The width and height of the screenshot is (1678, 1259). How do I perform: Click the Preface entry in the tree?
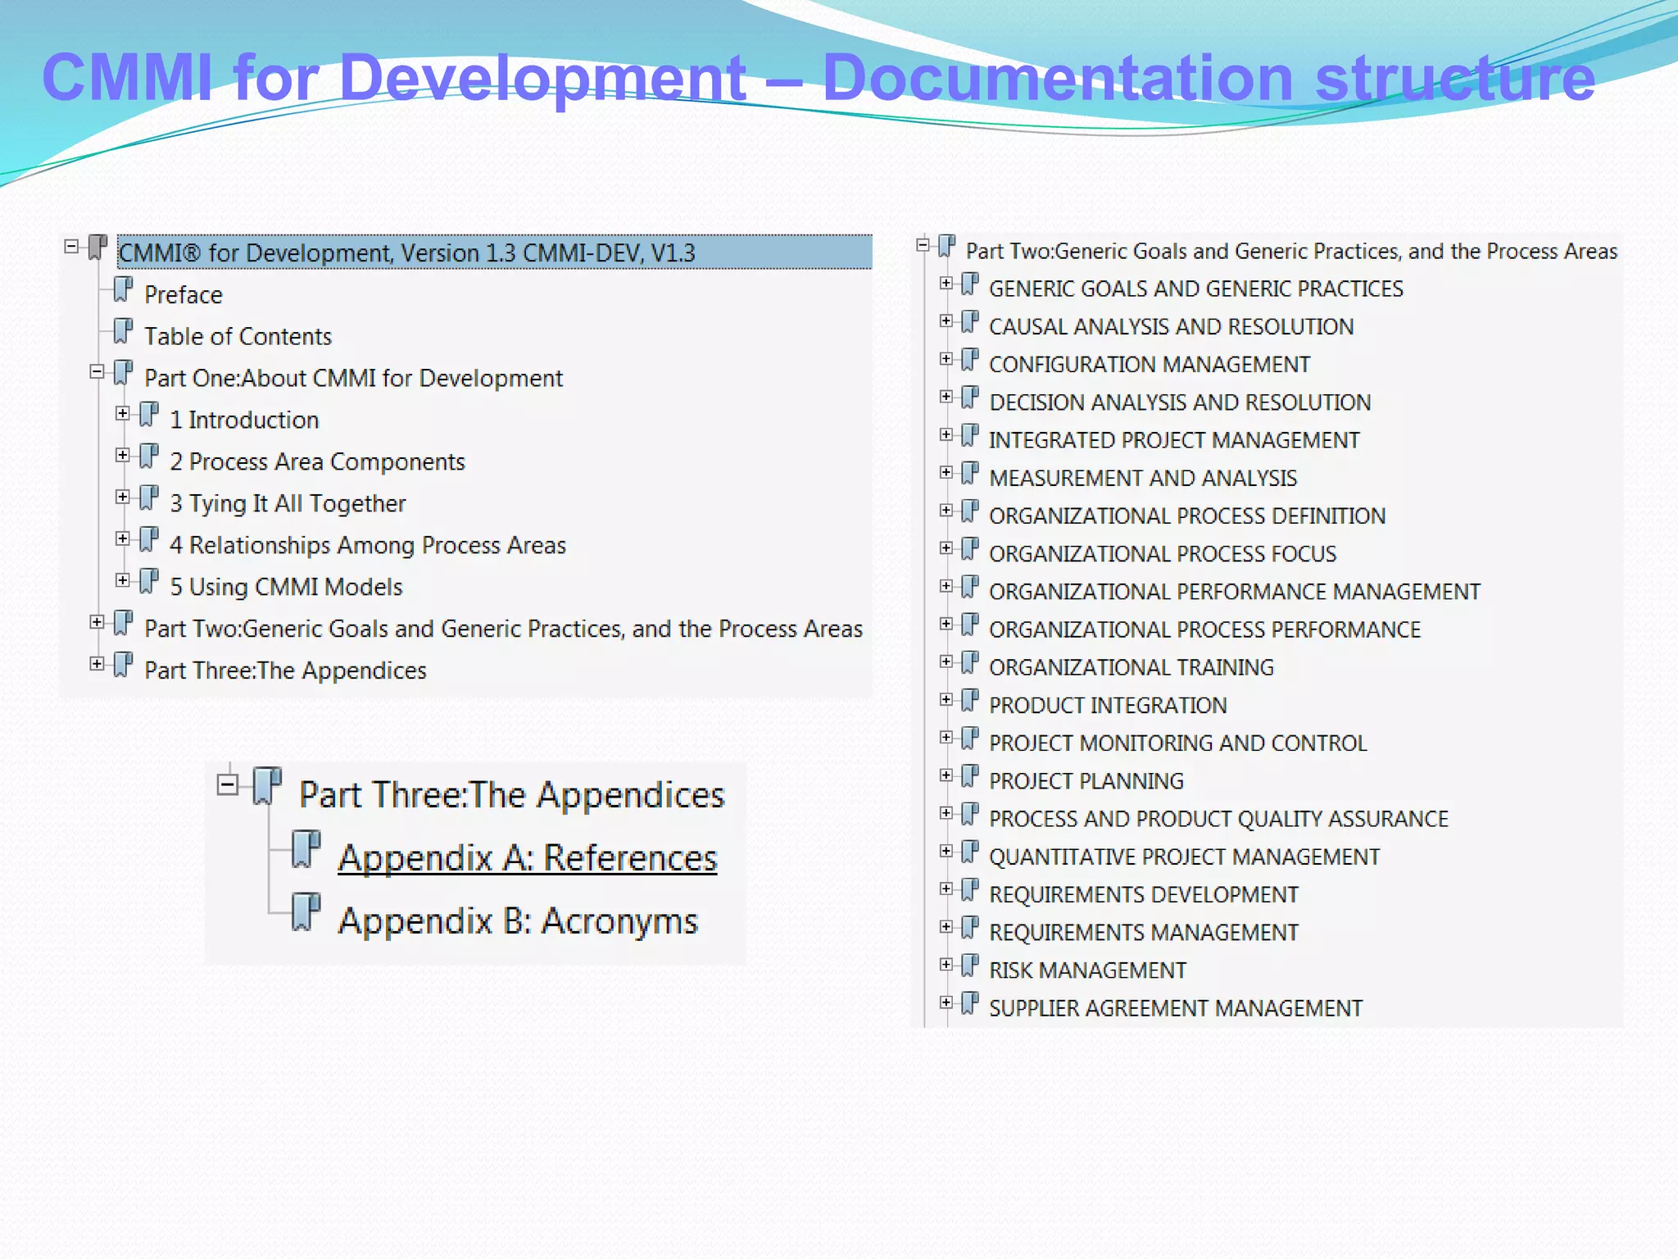183,295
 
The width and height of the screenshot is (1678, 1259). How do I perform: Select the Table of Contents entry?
238,337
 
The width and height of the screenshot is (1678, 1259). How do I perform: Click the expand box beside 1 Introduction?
122,414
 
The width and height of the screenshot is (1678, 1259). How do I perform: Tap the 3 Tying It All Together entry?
287,504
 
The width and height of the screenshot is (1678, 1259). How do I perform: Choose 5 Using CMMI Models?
286,588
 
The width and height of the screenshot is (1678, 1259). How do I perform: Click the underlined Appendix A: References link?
527,858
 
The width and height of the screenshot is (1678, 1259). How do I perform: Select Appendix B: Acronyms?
518,921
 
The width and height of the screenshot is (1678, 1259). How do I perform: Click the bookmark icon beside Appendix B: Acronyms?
306,911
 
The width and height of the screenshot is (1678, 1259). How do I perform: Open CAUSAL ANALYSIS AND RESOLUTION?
1171,327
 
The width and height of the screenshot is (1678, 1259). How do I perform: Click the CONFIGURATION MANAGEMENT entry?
1149,365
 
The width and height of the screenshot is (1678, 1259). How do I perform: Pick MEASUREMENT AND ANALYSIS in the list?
1143,479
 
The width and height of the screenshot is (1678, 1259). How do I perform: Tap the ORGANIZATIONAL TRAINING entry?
1131,668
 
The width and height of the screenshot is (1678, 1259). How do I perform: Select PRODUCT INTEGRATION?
1108,706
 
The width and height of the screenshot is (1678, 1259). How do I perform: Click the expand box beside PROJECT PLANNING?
946,775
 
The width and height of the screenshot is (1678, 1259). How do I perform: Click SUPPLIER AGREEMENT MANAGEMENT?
1175,1009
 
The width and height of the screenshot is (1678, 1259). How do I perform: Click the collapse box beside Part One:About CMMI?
97,372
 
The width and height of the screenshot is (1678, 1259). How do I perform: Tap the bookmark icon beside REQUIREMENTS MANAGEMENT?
970,928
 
